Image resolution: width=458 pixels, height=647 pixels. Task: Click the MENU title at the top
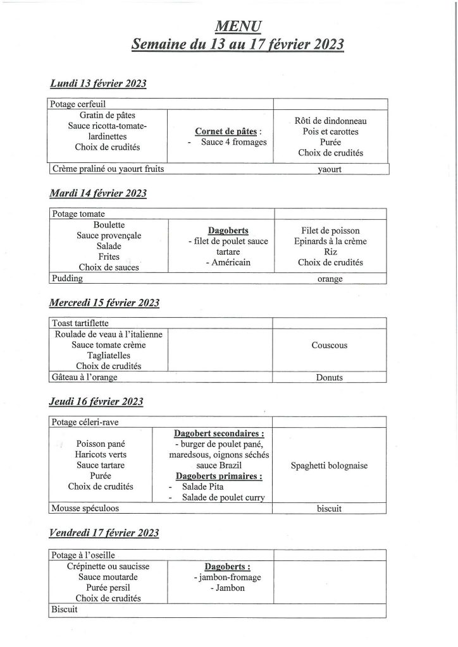point(238,26)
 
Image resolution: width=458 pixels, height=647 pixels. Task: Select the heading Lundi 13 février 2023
point(98,84)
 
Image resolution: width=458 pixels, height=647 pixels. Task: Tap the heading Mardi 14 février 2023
point(98,193)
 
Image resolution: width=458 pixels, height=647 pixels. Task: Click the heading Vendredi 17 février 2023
point(104,533)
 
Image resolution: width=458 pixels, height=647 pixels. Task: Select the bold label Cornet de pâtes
point(225,131)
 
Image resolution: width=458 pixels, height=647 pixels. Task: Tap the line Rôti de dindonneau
point(331,120)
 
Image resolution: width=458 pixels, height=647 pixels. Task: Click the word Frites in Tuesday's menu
point(109,257)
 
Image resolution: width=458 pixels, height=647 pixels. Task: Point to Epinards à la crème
point(331,241)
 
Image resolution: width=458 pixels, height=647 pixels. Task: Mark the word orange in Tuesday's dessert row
point(330,279)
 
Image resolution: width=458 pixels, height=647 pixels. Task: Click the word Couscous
point(330,345)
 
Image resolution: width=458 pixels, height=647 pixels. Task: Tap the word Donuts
point(330,378)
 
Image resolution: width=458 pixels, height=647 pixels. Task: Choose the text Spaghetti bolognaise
point(330,466)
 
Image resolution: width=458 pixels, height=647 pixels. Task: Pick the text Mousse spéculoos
point(85,507)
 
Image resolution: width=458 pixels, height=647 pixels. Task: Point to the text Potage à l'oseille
point(82,555)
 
